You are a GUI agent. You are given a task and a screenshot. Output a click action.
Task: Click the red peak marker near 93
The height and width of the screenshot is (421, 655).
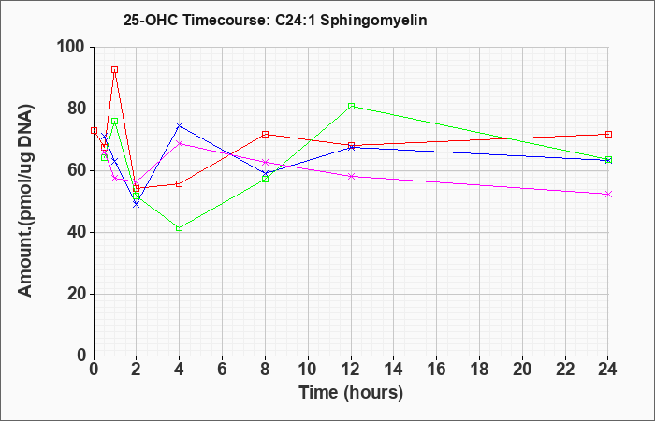[x=114, y=70]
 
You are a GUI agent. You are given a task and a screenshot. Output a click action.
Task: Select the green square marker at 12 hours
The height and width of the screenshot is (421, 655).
[x=351, y=106]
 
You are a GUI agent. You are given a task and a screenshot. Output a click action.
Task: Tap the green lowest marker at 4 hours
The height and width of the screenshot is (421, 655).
[x=180, y=227]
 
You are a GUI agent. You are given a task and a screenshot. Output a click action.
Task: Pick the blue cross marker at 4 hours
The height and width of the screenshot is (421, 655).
[x=180, y=125]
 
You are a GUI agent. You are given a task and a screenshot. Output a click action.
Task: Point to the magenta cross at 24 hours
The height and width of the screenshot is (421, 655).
[x=608, y=195]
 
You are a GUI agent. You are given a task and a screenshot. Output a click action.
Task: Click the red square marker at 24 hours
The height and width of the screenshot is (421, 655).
[x=608, y=134]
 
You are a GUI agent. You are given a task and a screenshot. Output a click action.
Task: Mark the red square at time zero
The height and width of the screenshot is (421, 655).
[x=94, y=131]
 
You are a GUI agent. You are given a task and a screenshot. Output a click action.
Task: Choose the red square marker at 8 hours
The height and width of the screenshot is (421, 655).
[x=265, y=134]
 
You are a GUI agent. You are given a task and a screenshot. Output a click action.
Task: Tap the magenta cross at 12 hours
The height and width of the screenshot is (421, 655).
[x=351, y=176]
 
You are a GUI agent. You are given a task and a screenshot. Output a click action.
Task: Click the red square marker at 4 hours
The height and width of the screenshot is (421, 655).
[x=180, y=183]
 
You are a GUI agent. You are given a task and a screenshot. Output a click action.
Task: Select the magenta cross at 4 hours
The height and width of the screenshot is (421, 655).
[x=180, y=144]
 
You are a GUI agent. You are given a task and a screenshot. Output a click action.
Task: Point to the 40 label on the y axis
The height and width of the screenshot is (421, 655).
[x=77, y=232]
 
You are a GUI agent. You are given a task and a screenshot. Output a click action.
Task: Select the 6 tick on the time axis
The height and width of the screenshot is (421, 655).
[x=223, y=370]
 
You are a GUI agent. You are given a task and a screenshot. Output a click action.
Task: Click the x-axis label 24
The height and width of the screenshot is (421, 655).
[x=607, y=370]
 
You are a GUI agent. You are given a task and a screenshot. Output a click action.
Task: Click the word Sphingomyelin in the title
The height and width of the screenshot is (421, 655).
[x=373, y=20]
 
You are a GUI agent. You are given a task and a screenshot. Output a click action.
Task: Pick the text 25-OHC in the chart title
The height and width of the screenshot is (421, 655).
[x=152, y=20]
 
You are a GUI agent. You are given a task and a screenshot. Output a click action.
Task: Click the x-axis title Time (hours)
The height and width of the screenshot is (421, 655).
[x=351, y=393]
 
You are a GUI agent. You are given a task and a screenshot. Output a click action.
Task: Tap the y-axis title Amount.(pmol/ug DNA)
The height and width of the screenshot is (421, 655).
[x=25, y=200]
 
